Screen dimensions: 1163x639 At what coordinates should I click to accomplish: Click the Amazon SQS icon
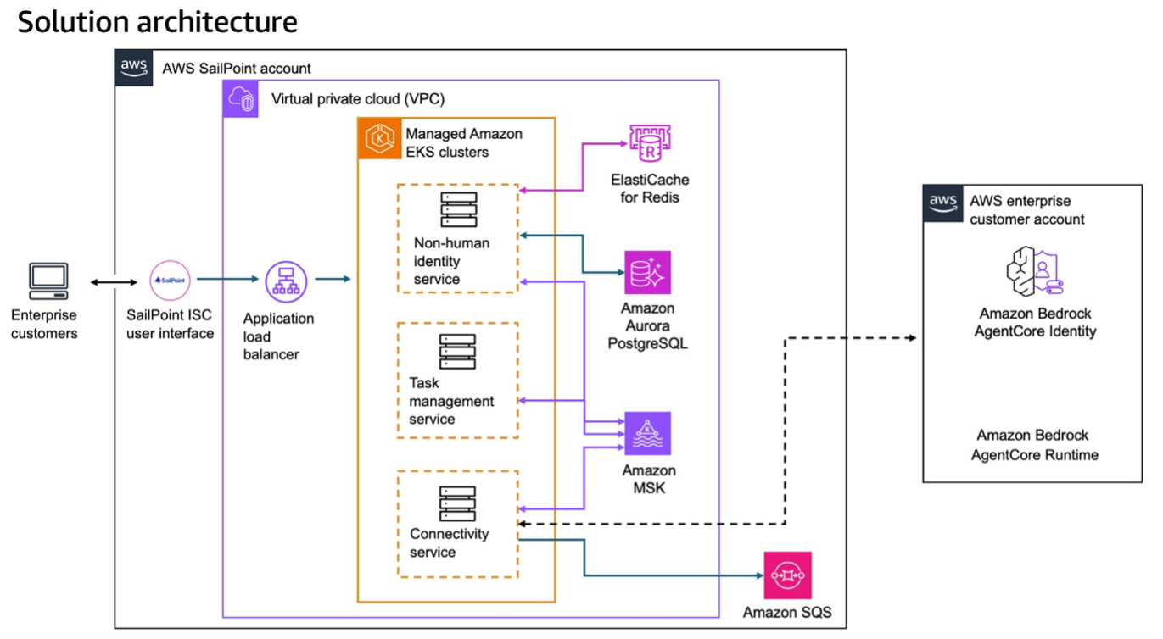787,575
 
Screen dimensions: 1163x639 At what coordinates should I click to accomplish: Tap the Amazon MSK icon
647,433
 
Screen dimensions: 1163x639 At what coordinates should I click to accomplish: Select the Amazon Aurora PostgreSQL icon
647,272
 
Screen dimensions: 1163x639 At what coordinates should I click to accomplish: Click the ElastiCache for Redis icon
650,144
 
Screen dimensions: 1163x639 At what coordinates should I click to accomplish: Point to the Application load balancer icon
286,281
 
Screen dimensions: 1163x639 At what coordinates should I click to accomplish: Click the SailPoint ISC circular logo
170,280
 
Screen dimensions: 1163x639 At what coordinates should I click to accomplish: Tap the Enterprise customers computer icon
48,281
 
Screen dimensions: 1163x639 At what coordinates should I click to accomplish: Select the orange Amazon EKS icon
379,138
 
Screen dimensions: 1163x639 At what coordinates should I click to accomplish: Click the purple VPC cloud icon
240,98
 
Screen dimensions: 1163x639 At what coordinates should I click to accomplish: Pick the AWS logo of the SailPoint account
134,68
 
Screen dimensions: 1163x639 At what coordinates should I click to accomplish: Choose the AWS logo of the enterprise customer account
943,203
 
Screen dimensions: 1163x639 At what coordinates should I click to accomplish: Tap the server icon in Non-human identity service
458,209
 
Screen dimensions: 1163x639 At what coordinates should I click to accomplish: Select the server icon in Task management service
457,351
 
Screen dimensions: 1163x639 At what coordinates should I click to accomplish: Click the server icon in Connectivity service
457,503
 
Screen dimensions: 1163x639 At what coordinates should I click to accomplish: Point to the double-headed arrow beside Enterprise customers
114,282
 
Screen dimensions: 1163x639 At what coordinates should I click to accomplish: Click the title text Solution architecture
157,22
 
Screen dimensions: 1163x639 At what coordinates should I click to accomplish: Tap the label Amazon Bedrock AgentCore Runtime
1034,445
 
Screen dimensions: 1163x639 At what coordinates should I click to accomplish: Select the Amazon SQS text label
787,612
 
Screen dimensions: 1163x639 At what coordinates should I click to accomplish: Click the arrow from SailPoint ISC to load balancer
227,279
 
